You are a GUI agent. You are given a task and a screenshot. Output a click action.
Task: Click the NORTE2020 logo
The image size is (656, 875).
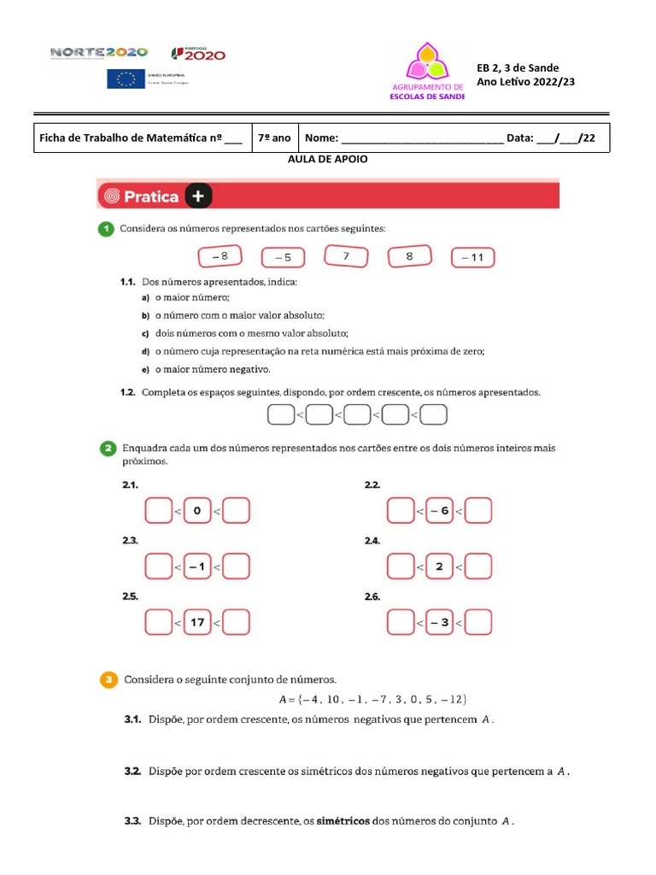pyautogui.click(x=99, y=53)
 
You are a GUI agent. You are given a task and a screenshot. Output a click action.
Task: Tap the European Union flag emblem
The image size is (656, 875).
pyautogui.click(x=126, y=79)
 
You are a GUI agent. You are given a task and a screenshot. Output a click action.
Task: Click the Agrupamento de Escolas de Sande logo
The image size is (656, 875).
pyautogui.click(x=426, y=72)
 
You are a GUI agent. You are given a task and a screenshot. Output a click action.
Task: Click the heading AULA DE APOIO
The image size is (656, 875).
pyautogui.click(x=328, y=159)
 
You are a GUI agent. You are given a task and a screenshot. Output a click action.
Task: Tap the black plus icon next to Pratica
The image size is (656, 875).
pyautogui.click(x=197, y=197)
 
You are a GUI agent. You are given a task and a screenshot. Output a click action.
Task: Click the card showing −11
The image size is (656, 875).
pyautogui.click(x=472, y=257)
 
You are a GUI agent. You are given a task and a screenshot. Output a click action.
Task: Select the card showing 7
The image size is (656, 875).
pyautogui.click(x=346, y=256)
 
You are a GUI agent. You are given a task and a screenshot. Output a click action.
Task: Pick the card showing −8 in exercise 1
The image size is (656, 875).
pyautogui.click(x=220, y=256)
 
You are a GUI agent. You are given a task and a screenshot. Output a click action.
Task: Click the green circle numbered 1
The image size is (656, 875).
pyautogui.click(x=105, y=228)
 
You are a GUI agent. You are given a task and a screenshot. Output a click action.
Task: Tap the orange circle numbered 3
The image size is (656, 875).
pyautogui.click(x=108, y=680)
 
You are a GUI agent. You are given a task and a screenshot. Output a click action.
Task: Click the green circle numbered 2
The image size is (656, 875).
pyautogui.click(x=108, y=448)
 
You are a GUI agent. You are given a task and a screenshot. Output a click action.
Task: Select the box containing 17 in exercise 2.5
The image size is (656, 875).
pyautogui.click(x=197, y=622)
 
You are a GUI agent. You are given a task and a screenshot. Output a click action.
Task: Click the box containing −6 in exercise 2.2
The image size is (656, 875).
pyautogui.click(x=439, y=511)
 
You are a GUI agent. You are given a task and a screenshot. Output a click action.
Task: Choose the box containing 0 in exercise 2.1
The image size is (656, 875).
pyautogui.click(x=197, y=511)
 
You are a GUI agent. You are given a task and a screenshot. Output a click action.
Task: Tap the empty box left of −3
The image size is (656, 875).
pyautogui.click(x=401, y=622)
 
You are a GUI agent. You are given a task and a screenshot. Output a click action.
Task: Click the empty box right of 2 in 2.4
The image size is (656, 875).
pyautogui.click(x=478, y=567)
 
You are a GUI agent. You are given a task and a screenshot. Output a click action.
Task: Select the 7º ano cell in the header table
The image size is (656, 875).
pyautogui.click(x=274, y=138)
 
